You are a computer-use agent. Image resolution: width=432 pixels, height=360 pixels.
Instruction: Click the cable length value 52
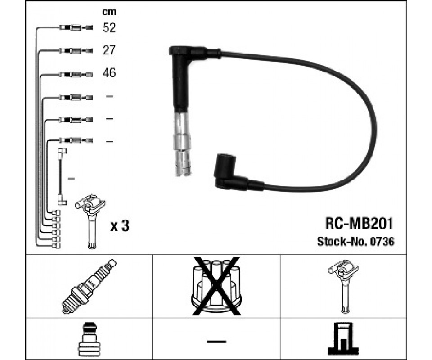[x=109, y=28]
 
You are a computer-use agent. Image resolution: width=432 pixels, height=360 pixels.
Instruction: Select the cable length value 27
[x=109, y=50]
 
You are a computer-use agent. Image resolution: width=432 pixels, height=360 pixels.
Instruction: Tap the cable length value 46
[x=109, y=73]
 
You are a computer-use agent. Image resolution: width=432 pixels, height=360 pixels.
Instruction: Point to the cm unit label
[x=109, y=12]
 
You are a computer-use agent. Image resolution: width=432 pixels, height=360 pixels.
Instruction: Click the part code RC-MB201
[x=360, y=223]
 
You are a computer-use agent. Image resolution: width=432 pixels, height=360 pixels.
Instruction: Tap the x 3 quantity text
[x=120, y=226]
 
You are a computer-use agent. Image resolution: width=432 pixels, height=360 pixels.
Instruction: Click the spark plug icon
[x=88, y=286]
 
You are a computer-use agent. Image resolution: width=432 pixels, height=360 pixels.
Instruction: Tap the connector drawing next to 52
[x=76, y=28]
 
